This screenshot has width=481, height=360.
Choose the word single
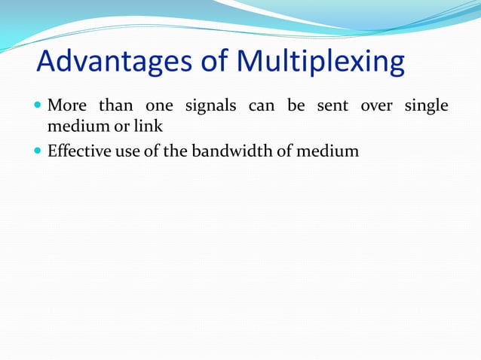click(x=427, y=105)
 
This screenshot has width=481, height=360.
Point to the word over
click(x=376, y=105)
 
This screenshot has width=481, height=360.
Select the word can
click(x=261, y=105)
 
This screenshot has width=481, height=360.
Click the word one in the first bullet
click(x=159, y=105)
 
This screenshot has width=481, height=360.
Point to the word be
click(x=296, y=105)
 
